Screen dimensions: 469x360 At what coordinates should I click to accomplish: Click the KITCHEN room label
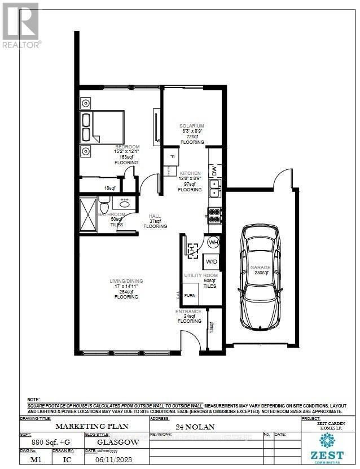[x=189, y=173]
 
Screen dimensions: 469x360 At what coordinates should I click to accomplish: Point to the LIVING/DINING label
[x=126, y=281]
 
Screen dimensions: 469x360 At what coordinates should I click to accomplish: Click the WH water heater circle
[x=213, y=243]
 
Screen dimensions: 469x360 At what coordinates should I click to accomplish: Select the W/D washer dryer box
[x=212, y=262]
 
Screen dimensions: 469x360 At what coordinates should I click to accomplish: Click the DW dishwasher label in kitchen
[x=214, y=170]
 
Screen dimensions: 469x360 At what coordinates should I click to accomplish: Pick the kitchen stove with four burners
[x=215, y=214]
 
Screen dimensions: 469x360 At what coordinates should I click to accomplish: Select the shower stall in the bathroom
[x=88, y=214]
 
